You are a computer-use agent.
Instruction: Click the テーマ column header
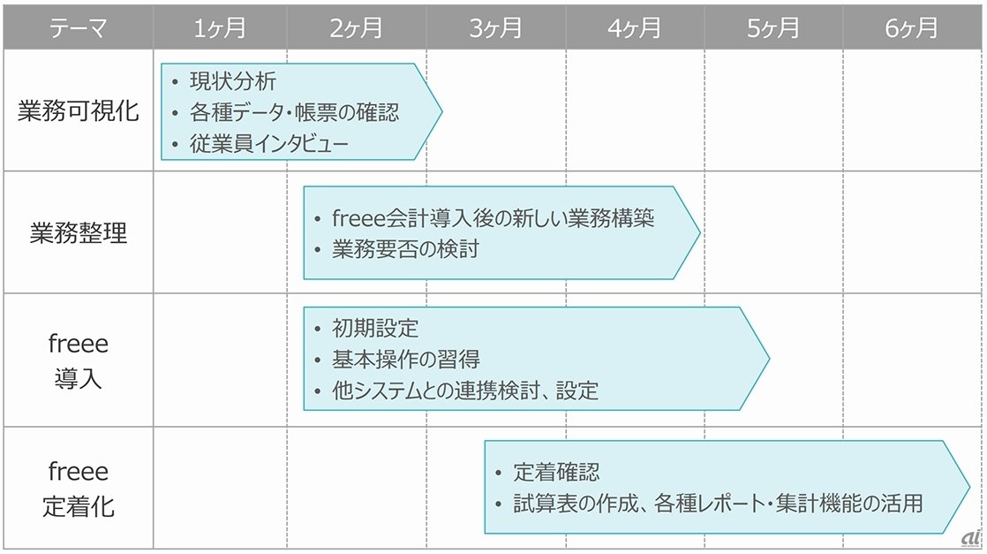click(x=78, y=28)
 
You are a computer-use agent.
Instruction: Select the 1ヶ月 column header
click(x=220, y=28)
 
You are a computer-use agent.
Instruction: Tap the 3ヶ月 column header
click(x=496, y=28)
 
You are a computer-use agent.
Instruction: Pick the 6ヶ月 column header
click(x=912, y=28)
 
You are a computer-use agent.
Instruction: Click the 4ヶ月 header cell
click(x=635, y=28)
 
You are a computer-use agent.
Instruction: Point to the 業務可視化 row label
click(x=78, y=112)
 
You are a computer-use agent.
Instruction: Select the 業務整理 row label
click(x=78, y=233)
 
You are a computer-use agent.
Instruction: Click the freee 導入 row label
click(x=78, y=360)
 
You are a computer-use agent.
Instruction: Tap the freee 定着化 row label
click(x=78, y=489)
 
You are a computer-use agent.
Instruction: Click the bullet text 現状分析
click(x=233, y=82)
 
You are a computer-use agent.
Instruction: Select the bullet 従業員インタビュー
click(x=269, y=144)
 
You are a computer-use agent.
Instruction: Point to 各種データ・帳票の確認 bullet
click(x=294, y=113)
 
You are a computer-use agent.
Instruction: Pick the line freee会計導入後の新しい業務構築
click(x=493, y=218)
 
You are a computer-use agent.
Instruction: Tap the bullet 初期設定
click(x=375, y=329)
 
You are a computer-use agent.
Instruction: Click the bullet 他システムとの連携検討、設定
click(x=464, y=390)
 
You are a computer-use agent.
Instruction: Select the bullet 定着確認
click(x=557, y=473)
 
